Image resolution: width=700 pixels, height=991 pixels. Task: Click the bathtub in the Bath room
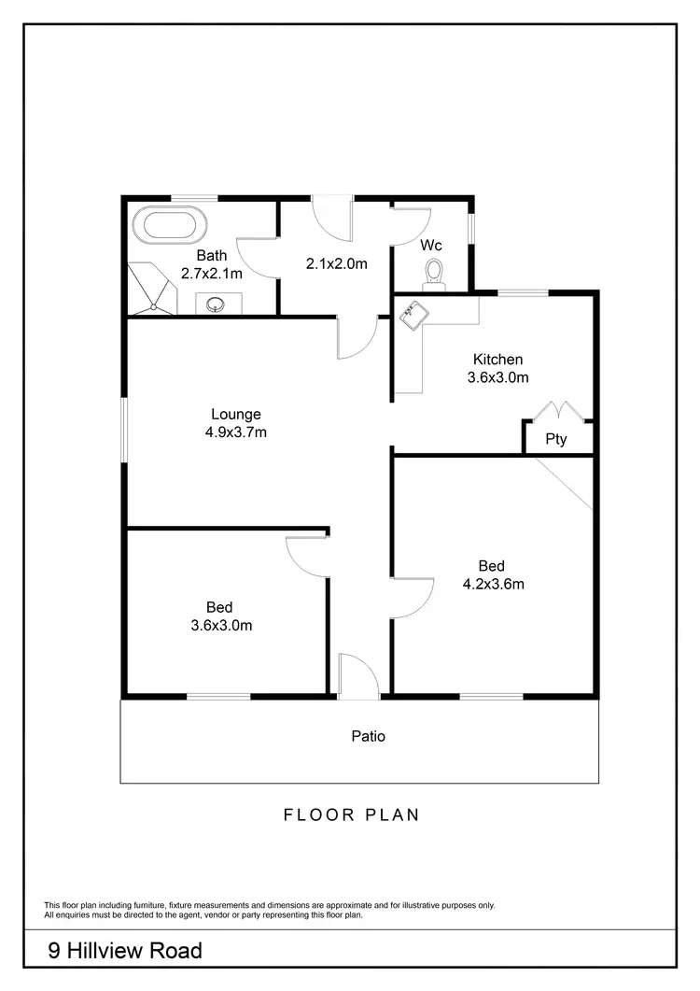[x=169, y=226]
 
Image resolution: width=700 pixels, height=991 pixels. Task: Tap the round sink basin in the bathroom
[x=216, y=304]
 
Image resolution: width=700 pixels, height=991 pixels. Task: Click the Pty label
[x=555, y=440]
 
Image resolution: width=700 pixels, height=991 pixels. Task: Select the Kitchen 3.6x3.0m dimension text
[x=497, y=378]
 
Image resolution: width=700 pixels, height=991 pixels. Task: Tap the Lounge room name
[x=235, y=414]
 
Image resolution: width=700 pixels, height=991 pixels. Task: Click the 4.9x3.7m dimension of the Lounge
[x=235, y=432]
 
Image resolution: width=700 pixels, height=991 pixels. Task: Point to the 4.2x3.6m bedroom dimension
[x=493, y=585]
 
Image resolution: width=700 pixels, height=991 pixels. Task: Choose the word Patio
[x=368, y=736]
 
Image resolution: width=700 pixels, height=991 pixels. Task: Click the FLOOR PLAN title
[x=351, y=814]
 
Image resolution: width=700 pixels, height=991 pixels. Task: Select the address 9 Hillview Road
[x=125, y=951]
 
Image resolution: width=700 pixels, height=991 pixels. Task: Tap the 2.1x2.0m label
[x=336, y=263]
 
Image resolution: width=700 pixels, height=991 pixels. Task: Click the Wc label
[x=430, y=246]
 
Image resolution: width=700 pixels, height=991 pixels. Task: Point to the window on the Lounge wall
[x=123, y=431]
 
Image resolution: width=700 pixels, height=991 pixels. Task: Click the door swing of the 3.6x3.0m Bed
[x=304, y=558]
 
